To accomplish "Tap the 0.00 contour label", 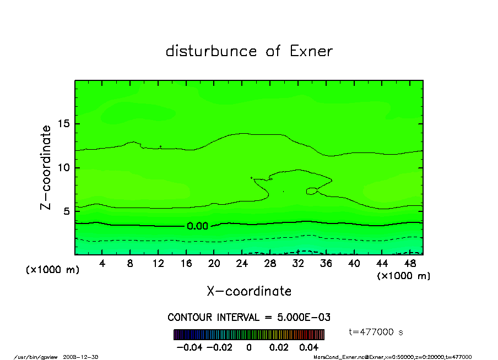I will pyautogui.click(x=197, y=226).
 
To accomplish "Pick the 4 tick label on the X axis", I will pyautogui.click(x=102, y=264).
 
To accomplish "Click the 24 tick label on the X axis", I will pyautogui.click(x=242, y=264).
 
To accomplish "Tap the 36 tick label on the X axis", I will pyautogui.click(x=326, y=264).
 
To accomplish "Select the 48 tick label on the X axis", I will pyautogui.click(x=410, y=264).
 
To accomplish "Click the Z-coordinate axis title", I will pyautogui.click(x=46, y=167).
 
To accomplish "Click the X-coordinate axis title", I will pyautogui.click(x=249, y=291).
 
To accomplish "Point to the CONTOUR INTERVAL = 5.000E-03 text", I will pyautogui.click(x=249, y=318).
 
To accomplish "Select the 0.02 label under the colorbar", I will pyautogui.click(x=279, y=347).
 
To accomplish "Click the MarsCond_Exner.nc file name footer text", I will pyautogui.click(x=337, y=357).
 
